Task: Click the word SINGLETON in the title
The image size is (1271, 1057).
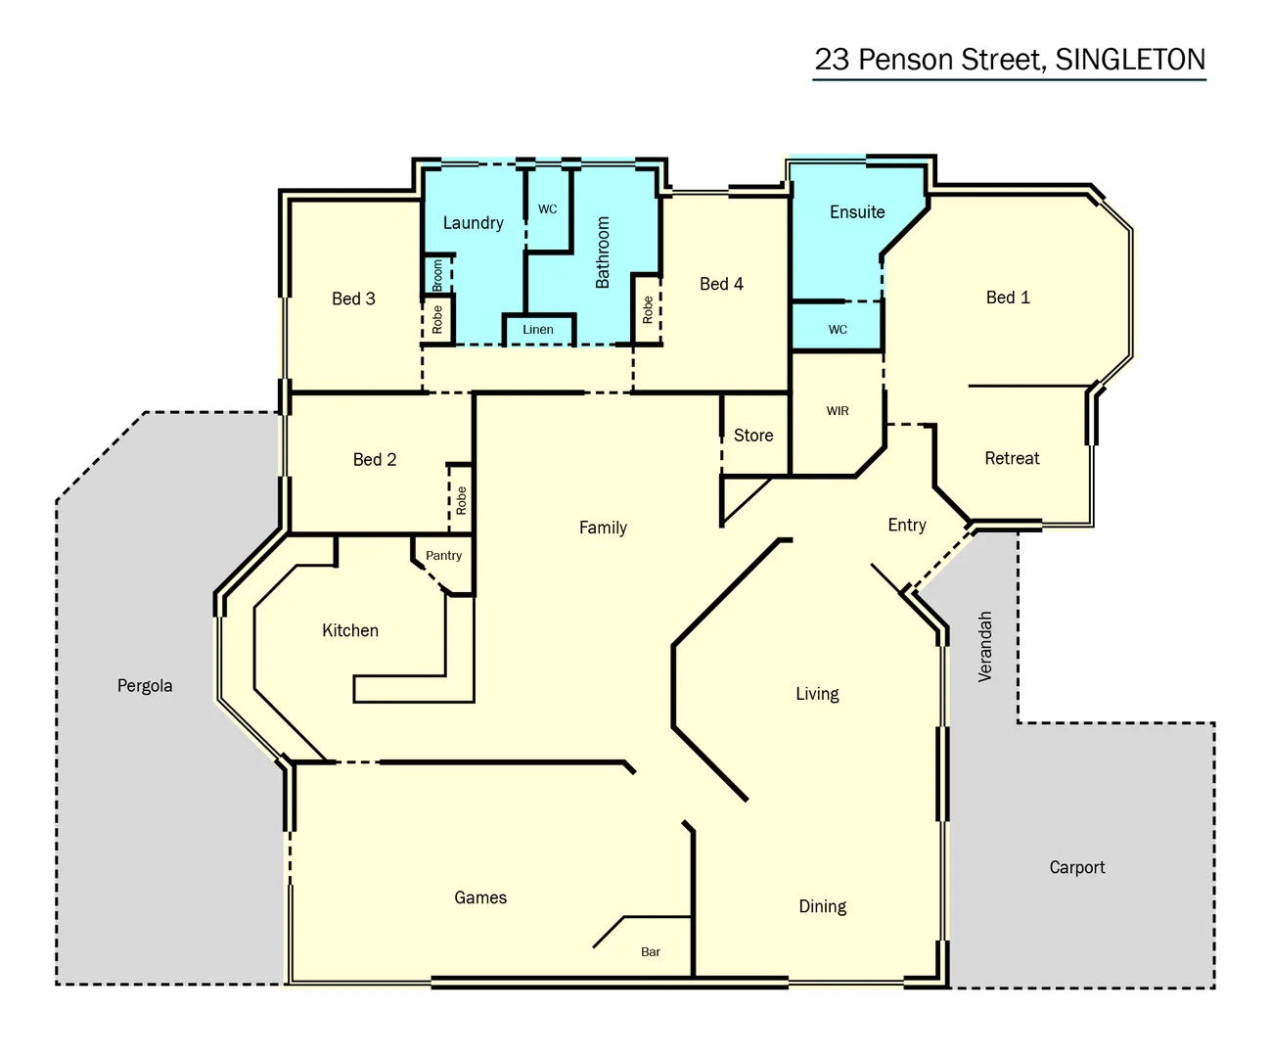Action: coord(1130,60)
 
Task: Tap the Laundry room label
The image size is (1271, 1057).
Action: coord(473,223)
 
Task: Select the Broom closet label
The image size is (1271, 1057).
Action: coord(437,274)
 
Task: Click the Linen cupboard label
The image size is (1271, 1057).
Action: coord(537,330)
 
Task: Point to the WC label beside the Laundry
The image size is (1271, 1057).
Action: coord(547,209)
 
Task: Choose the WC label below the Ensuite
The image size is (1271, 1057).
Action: coord(838,330)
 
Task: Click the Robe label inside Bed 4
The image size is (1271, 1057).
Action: coord(647,310)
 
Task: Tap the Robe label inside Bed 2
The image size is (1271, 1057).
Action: coord(461,501)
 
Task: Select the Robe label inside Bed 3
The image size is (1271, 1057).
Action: coord(437,319)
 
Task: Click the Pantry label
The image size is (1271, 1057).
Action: coord(443,556)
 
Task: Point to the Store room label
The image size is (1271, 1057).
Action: coord(752,436)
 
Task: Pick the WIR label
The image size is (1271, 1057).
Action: coord(837,411)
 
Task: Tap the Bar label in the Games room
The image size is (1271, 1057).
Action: coord(650,952)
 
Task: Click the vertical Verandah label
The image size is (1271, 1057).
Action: coord(985,646)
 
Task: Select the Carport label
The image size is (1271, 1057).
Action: coord(1076,867)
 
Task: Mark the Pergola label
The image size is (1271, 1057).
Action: coord(145,686)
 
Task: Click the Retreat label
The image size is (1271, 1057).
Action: coord(1012,458)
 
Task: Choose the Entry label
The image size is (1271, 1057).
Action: coord(906,526)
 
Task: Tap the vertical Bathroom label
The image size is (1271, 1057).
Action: coord(603,253)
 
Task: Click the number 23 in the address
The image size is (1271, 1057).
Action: coord(832,60)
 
